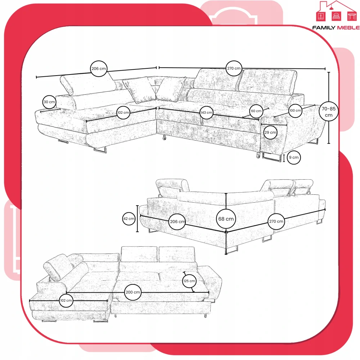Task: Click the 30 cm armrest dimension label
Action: [x=49, y=102]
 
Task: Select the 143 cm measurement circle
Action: [x=206, y=112]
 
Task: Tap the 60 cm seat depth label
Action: [x=256, y=111]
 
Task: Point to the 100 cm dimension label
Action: [x=295, y=111]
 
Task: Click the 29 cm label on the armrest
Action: [x=270, y=132]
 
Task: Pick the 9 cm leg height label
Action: [x=294, y=158]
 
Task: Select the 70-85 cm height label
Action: [x=329, y=112]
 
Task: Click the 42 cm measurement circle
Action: [x=129, y=219]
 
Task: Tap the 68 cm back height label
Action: [x=226, y=219]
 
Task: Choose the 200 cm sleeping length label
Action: [x=133, y=292]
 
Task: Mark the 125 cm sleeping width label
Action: [x=189, y=281]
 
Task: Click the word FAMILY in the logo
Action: [x=324, y=28]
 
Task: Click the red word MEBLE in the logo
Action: [x=348, y=28]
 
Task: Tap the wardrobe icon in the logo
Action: [x=321, y=16]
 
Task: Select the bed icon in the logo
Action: [x=336, y=16]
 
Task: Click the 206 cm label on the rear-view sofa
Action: [x=177, y=221]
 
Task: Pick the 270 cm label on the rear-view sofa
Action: [x=276, y=221]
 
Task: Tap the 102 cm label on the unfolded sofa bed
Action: [x=66, y=300]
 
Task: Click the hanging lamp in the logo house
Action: [x=331, y=8]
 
